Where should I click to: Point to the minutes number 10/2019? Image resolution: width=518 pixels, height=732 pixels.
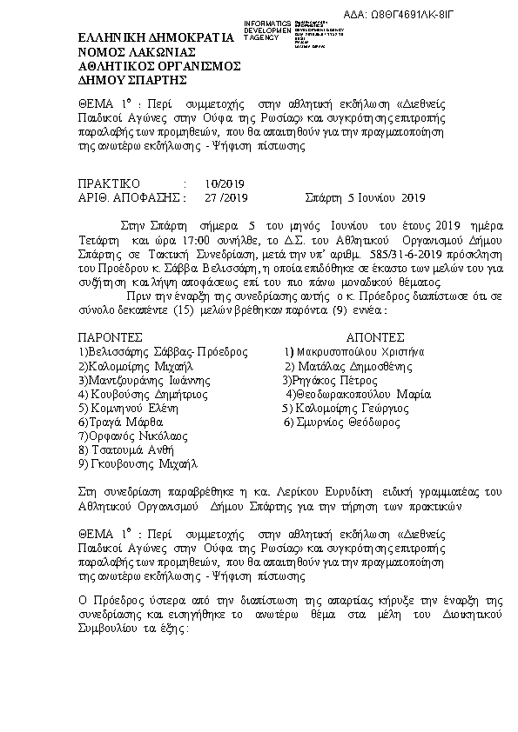(x=225, y=183)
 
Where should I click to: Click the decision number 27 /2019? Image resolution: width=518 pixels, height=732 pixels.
(x=225, y=197)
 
